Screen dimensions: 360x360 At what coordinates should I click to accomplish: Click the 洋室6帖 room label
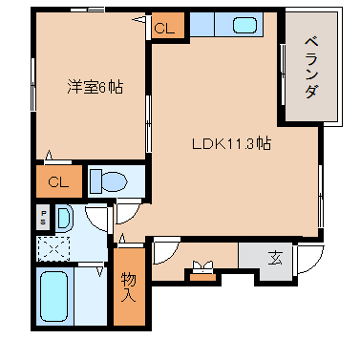pyautogui.click(x=93, y=87)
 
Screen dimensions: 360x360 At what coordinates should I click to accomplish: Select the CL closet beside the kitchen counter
pyautogui.click(x=164, y=29)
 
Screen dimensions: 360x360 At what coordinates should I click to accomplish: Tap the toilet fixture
pyautogui.click(x=112, y=180)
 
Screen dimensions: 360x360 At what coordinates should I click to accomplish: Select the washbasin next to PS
pyautogui.click(x=63, y=217)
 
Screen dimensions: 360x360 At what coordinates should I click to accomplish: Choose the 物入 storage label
pyautogui.click(x=130, y=287)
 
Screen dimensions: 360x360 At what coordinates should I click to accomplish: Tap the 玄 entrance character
pyautogui.click(x=275, y=257)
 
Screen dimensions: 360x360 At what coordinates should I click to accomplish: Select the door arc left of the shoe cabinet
pyautogui.click(x=164, y=252)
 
